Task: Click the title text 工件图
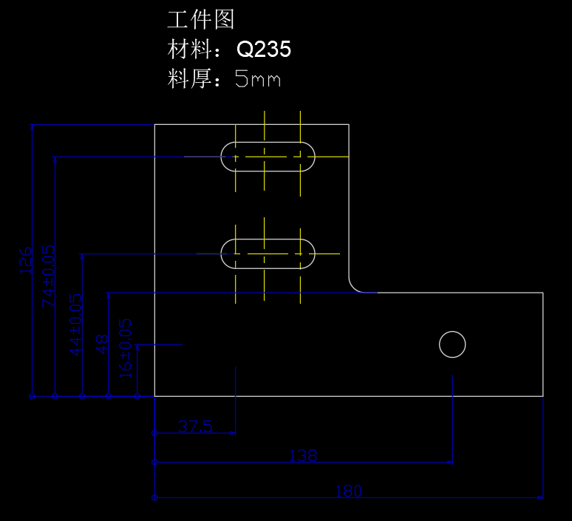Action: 201,20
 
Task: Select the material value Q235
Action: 264,50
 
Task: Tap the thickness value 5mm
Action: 258,78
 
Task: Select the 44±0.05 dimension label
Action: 76,324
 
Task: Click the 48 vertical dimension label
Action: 103,344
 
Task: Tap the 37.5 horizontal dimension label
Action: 195,426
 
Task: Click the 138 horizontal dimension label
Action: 303,456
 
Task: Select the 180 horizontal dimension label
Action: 349,491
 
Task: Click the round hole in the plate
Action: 452,344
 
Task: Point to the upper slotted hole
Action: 268,157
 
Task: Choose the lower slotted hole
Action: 268,253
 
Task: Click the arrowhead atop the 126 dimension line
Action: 33,127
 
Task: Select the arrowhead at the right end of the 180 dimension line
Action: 542,497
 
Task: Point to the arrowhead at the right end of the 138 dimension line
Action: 451,463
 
